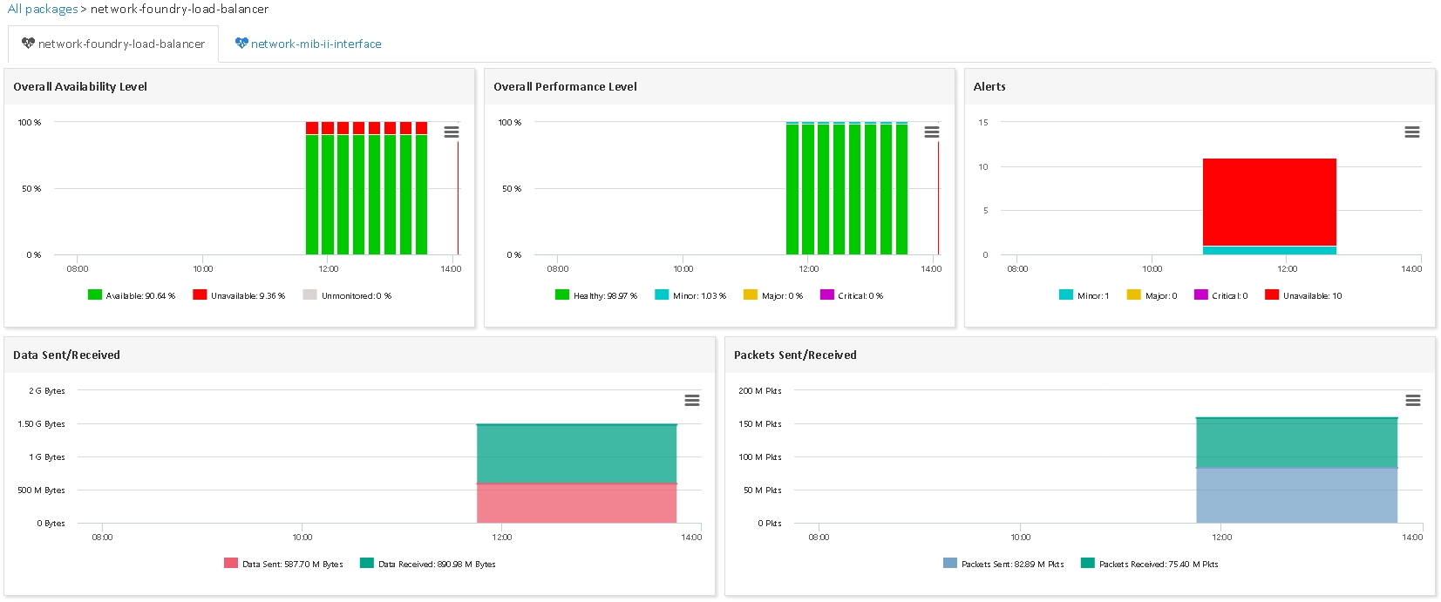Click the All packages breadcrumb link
coord(43,9)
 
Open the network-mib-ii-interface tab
coord(308,44)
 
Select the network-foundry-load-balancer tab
coord(113,44)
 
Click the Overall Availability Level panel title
coord(80,87)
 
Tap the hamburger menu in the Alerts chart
coord(1412,132)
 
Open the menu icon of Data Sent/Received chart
coord(692,400)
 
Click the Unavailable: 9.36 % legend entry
coord(239,295)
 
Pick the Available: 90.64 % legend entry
coord(132,295)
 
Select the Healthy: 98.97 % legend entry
coord(595,295)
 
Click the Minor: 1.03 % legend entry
coord(690,295)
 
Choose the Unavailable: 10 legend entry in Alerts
coord(1303,295)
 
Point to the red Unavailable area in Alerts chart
coord(1270,202)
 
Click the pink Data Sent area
coord(576,503)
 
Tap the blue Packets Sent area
coord(1297,495)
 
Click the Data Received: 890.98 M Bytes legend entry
coord(428,564)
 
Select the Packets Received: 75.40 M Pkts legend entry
coord(1150,564)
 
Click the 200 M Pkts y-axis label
coord(760,390)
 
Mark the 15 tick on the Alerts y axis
coord(983,122)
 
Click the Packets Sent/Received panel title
coord(795,355)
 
